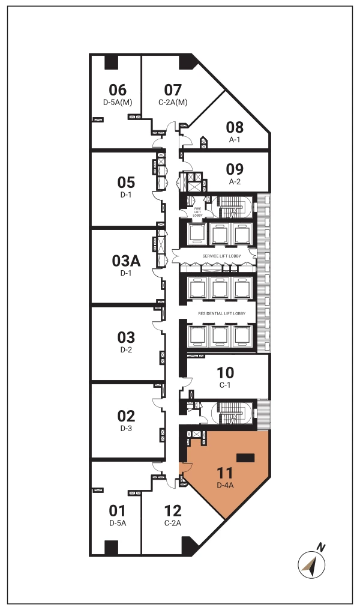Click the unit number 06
118,90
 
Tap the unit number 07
173,90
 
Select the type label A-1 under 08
235,140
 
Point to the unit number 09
235,169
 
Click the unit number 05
126,183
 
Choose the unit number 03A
126,261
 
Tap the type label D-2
126,350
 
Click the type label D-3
126,428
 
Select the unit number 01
118,511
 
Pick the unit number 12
173,511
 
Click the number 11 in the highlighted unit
225,473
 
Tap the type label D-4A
225,485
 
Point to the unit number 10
225,373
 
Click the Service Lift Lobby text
221,256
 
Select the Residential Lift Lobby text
221,313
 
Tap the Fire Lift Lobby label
197,212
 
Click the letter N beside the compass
321,548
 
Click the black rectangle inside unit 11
245,458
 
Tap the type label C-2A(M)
173,102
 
